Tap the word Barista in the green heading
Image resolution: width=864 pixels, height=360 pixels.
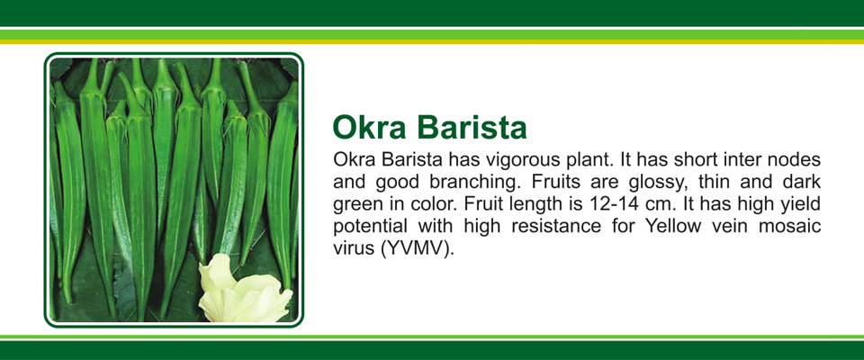click(472, 128)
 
